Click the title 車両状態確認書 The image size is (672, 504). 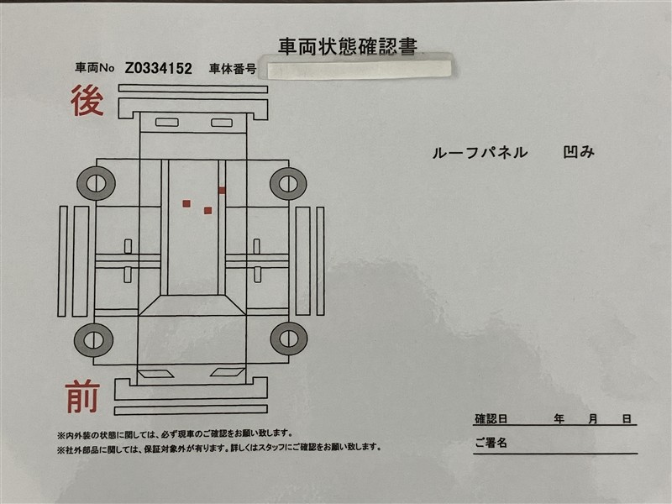(348, 46)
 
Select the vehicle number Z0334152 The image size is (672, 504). (159, 68)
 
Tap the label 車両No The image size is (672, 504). (95, 68)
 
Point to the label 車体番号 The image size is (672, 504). (233, 69)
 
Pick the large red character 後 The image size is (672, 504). (87, 100)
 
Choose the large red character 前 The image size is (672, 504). (82, 397)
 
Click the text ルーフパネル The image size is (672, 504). (480, 153)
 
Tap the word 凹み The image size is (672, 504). (579, 152)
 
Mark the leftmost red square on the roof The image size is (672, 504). (186, 203)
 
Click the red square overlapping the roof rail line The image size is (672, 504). (222, 191)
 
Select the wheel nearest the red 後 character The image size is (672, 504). (96, 183)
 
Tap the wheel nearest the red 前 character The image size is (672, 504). (94, 339)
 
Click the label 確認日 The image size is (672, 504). (491, 418)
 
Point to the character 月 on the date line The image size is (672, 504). (593, 418)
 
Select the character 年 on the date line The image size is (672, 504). (559, 418)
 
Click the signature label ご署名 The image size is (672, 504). (491, 443)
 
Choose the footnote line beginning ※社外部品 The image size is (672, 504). (219, 448)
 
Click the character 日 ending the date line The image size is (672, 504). (627, 418)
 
